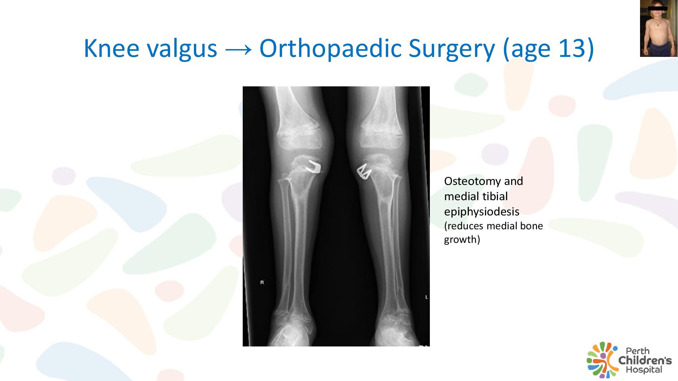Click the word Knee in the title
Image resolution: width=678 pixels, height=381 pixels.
tap(111, 48)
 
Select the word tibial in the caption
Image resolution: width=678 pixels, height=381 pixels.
tap(495, 196)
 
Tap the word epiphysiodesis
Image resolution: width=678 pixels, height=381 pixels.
tap(481, 212)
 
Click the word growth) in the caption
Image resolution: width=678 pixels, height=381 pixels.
tap(462, 240)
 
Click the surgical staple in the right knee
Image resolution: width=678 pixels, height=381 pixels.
tap(313, 167)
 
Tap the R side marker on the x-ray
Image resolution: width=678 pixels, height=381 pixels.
tap(262, 282)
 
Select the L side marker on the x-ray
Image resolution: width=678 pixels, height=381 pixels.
tap(426, 297)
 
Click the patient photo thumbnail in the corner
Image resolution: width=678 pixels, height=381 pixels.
tap(659, 28)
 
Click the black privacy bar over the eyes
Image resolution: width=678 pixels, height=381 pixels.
tap(658, 8)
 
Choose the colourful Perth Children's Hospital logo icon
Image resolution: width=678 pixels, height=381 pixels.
tap(602, 360)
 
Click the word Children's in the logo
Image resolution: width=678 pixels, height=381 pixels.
tap(645, 360)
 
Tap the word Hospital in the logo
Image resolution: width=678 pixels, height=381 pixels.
tap(644, 369)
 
